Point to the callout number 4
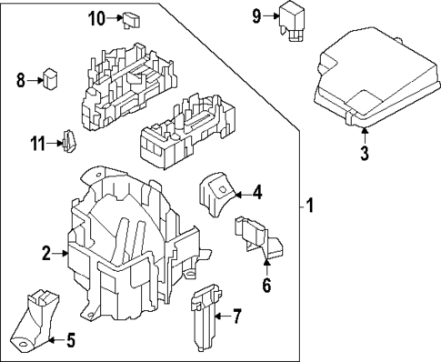tap(257, 192)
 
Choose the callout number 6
tap(266, 286)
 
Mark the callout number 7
tap(236, 317)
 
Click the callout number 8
tap(20, 80)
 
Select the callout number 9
tap(256, 15)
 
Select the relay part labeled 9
tap(295, 20)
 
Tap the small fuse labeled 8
tap(51, 80)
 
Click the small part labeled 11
tap(67, 141)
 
